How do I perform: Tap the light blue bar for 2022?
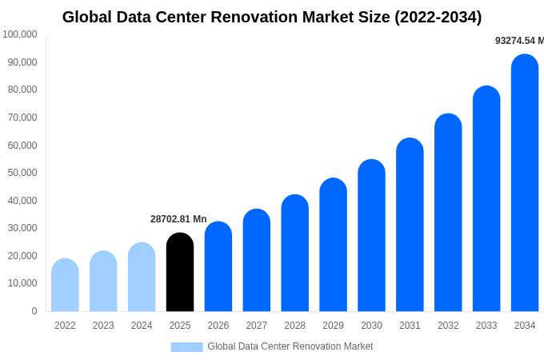click(x=65, y=286)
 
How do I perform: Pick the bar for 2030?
click(x=371, y=236)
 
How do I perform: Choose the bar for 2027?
click(x=257, y=261)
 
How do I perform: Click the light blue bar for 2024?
click(x=142, y=278)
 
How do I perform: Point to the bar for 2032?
click(x=448, y=214)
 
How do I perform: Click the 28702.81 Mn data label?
click(x=178, y=219)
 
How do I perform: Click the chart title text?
click(x=272, y=17)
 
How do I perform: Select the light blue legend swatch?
click(x=186, y=346)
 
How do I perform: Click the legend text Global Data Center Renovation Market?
click(x=290, y=346)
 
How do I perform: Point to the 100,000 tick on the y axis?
click(x=19, y=34)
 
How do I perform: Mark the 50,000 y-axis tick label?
click(x=22, y=173)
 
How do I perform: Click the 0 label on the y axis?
click(x=34, y=311)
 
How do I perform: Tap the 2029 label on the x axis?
click(x=333, y=326)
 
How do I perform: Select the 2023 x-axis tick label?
click(x=103, y=326)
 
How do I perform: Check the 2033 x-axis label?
click(x=486, y=326)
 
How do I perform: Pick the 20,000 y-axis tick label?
click(x=22, y=256)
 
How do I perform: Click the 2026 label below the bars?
click(x=218, y=326)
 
